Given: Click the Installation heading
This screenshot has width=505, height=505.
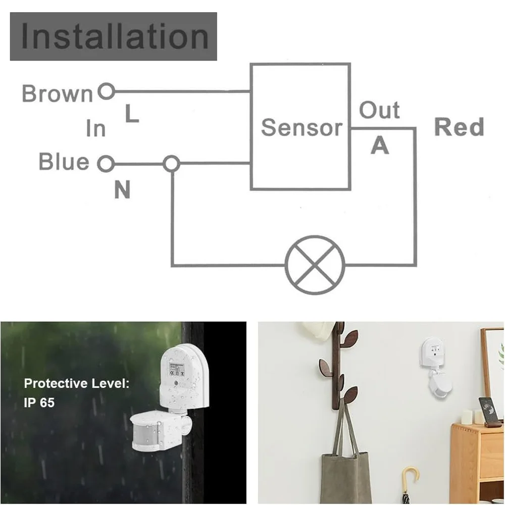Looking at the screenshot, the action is pos(115,37).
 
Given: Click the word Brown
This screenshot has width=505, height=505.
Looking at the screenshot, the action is pos(58,93).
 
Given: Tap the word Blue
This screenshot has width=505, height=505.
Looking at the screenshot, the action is pos(64,161).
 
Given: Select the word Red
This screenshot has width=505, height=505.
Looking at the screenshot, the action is pos(459,127).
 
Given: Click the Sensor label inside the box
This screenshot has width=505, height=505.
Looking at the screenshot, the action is pos(301,127).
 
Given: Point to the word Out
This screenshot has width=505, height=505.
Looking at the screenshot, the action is pos(379,110).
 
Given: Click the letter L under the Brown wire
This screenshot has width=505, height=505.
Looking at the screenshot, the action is pos(132,114).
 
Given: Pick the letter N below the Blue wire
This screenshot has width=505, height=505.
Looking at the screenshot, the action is pos(122,189).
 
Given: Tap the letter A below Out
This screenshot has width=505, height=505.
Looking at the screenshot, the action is pos(380,145).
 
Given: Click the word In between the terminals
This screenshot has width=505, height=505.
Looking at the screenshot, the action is pos(96,128).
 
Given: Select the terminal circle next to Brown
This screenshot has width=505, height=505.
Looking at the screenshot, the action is pos(106,91).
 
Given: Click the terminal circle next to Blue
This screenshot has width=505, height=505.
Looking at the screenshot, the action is pos(106,164).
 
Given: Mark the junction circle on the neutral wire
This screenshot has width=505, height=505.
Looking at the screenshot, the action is pos(171,164).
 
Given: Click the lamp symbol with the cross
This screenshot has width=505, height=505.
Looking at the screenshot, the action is pos(315,265).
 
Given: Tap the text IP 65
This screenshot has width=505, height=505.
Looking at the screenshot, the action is pos(39,402).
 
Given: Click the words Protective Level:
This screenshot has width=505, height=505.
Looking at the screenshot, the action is pos(77,383).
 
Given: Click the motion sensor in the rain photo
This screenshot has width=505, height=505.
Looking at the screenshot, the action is pos(170,397).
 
